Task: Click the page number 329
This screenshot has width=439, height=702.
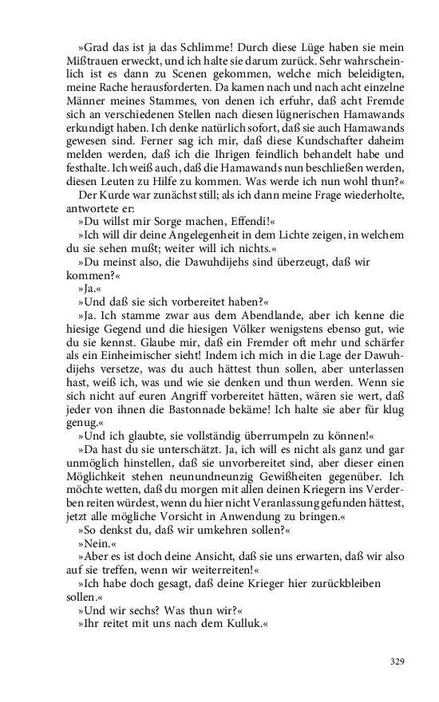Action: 397,661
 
